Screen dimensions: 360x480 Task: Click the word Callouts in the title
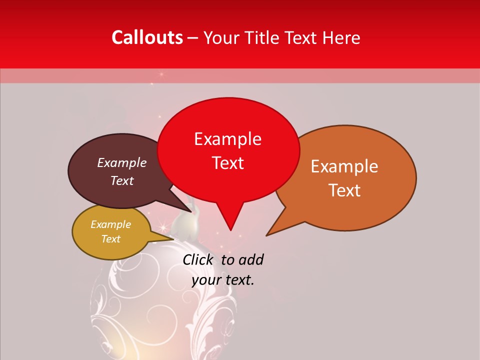[147, 37]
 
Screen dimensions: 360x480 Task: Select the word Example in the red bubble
[227, 139]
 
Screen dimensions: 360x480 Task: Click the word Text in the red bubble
[227, 163]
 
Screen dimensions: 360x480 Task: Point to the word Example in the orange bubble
[344, 166]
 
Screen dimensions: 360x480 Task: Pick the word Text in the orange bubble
[345, 190]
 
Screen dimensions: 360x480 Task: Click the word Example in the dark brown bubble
[121, 162]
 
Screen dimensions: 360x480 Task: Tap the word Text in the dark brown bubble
[121, 180]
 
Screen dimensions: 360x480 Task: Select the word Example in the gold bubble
[110, 224]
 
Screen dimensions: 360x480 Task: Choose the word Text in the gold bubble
[110, 239]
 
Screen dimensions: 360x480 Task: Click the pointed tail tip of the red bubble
[230, 230]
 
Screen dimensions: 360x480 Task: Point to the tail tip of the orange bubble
[266, 235]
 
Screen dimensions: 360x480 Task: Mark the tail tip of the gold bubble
[173, 239]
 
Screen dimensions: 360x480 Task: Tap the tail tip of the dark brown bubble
[190, 211]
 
